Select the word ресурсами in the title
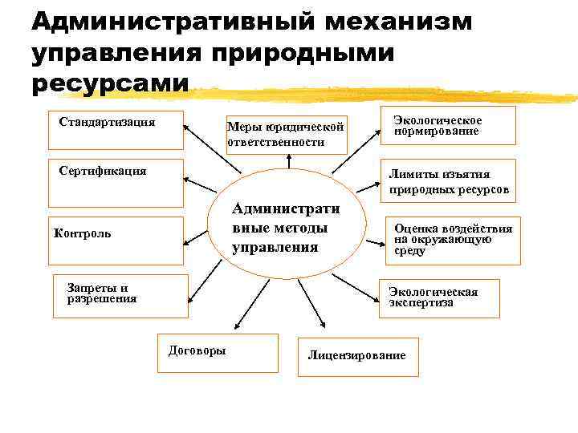point(111,83)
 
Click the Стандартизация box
point(115,130)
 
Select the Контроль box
point(115,241)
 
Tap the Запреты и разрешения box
point(120,294)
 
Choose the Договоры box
point(217,353)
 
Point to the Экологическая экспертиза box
point(438,298)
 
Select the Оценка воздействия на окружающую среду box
point(452,240)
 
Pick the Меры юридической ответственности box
point(286,135)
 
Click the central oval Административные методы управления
point(287,229)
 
